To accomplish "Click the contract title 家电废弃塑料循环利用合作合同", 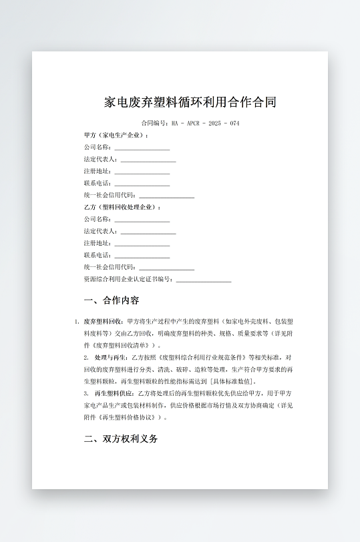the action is (x=190, y=102).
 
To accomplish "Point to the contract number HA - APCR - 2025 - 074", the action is (x=206, y=123).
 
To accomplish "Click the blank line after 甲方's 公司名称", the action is (x=142, y=148).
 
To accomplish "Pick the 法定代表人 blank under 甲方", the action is (x=148, y=160).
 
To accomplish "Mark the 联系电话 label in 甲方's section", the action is (x=98, y=183).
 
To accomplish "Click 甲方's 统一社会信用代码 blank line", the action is (x=166, y=196).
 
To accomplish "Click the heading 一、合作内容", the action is (x=112, y=300).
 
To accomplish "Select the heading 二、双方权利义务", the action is (x=121, y=439).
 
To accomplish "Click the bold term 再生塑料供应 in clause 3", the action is (x=113, y=393).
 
